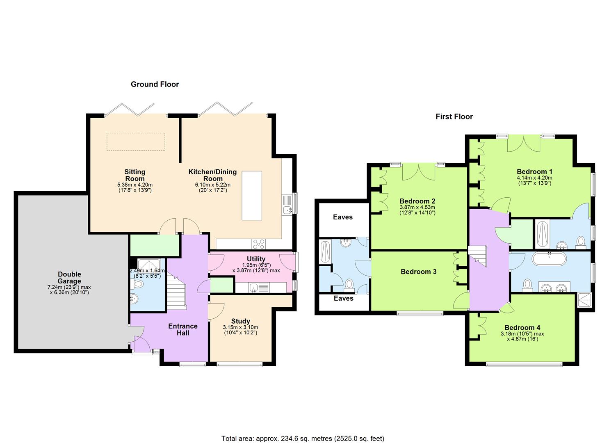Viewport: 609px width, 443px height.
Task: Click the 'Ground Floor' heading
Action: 155,84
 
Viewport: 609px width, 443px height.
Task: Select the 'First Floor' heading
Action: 454,117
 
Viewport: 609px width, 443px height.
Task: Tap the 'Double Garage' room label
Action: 69,278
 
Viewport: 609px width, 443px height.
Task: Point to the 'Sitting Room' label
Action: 135,175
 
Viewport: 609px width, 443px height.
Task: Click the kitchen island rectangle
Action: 251,196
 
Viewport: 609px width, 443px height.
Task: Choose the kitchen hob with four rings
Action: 259,244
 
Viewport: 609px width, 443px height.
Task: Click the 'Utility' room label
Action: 256,259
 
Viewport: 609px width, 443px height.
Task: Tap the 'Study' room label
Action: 240,321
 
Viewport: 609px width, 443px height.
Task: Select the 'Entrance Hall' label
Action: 183,329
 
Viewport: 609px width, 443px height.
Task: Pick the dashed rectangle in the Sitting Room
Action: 136,142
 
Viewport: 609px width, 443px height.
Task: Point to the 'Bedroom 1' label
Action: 534,172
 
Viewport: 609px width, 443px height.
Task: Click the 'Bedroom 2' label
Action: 417,201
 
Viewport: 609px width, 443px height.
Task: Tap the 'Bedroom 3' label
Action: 418,272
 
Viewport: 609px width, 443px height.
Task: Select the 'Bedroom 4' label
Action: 522,328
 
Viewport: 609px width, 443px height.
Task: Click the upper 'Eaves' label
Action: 342,217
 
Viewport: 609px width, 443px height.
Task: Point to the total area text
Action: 303,438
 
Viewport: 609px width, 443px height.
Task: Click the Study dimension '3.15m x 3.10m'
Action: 240,327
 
